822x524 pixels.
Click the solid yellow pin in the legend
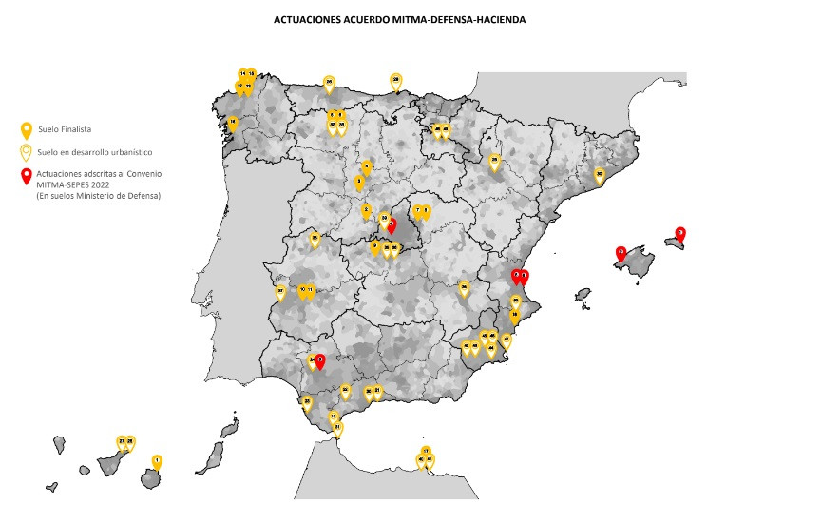pyautogui.click(x=27, y=129)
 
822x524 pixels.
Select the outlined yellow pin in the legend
pyautogui.click(x=27, y=151)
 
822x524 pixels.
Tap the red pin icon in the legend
pyautogui.click(x=27, y=175)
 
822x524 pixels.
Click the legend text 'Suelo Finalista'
pyautogui.click(x=65, y=128)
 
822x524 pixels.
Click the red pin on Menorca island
pyautogui.click(x=679, y=234)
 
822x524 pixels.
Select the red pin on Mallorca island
pyautogui.click(x=621, y=254)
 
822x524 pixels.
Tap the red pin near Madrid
pyautogui.click(x=392, y=226)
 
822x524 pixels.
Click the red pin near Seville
pyautogui.click(x=320, y=361)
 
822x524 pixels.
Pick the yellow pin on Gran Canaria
pyautogui.click(x=157, y=462)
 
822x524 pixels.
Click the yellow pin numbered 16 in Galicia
pyautogui.click(x=232, y=123)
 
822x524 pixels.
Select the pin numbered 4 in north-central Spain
pyautogui.click(x=367, y=166)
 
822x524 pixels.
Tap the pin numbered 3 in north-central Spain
pyautogui.click(x=359, y=182)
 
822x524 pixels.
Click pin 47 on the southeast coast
pyautogui.click(x=507, y=340)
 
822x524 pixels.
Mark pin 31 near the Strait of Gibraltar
pyautogui.click(x=338, y=429)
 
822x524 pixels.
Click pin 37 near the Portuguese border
pyautogui.click(x=280, y=292)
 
